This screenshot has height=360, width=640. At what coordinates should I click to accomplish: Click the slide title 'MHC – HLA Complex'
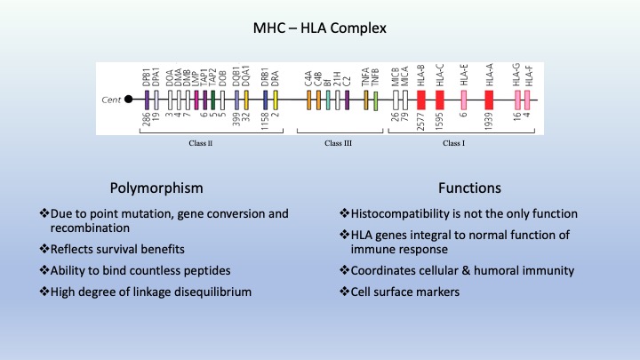point(319,30)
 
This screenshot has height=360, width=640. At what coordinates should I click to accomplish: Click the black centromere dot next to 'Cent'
point(128,100)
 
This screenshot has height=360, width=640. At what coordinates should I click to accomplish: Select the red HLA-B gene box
point(421,100)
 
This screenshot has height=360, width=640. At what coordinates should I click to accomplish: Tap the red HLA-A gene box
point(489,100)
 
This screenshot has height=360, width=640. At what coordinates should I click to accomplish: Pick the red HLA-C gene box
point(440,100)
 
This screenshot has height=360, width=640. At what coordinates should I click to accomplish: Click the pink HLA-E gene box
point(464,100)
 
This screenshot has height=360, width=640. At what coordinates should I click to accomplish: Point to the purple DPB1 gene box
point(147,100)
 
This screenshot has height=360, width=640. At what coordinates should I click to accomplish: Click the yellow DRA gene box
point(276,100)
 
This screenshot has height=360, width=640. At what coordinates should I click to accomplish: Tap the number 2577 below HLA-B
point(421,121)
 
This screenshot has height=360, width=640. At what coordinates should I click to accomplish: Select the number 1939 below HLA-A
point(489,121)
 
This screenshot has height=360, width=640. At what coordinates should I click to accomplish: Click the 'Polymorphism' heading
point(156,188)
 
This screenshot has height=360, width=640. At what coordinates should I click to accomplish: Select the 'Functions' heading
point(469,188)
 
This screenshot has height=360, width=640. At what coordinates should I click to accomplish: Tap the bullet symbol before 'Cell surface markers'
point(344,290)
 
